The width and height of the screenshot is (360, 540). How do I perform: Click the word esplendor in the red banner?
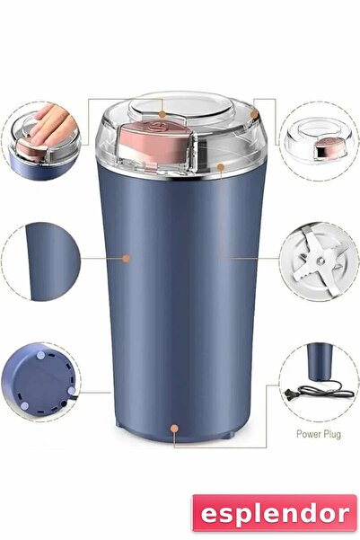(x=273, y=513)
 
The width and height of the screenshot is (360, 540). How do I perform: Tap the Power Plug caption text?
(x=319, y=433)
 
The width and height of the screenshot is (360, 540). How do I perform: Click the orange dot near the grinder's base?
(x=174, y=429)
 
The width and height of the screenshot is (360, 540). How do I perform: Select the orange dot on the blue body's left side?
(x=127, y=259)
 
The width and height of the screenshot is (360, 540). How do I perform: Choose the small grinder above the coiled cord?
(x=317, y=361)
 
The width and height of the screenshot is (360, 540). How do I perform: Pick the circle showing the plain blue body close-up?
(x=40, y=261)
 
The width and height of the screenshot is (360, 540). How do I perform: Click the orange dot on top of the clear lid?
(x=161, y=114)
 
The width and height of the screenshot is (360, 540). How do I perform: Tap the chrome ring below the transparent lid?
(x=180, y=175)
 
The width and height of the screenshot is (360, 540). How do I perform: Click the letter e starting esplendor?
(x=209, y=514)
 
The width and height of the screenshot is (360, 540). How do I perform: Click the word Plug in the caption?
(x=331, y=433)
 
